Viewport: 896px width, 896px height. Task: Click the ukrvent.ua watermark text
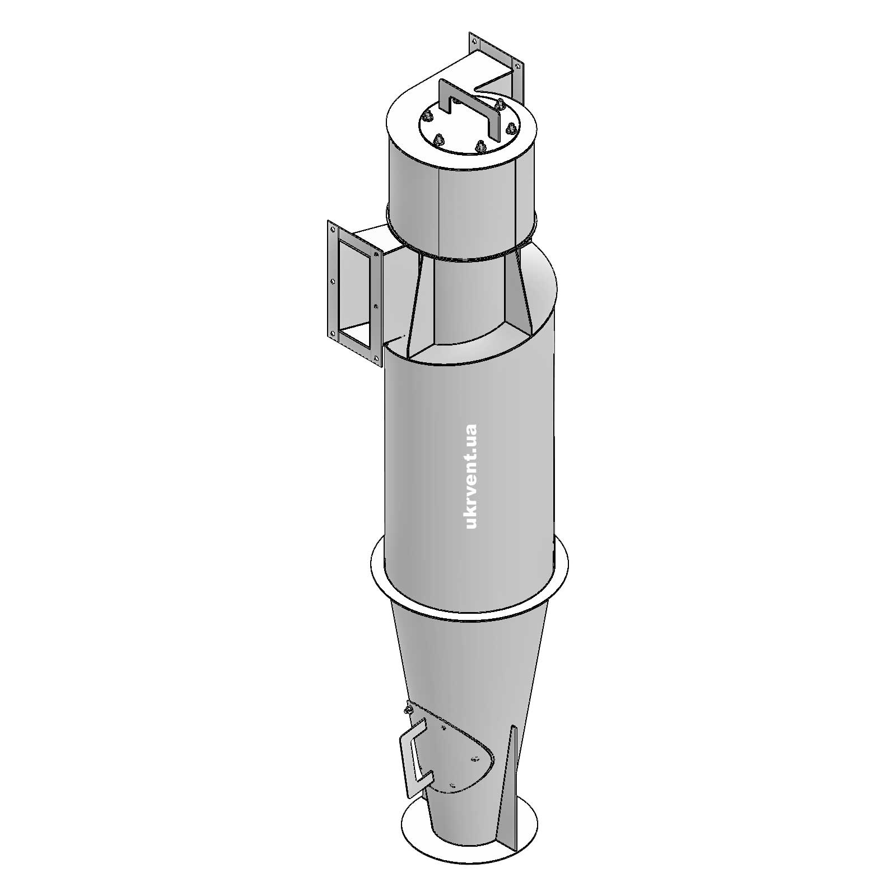tap(471, 477)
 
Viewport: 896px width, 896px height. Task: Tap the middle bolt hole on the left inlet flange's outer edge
tap(333, 282)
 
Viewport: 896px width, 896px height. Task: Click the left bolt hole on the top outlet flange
tap(475, 41)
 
